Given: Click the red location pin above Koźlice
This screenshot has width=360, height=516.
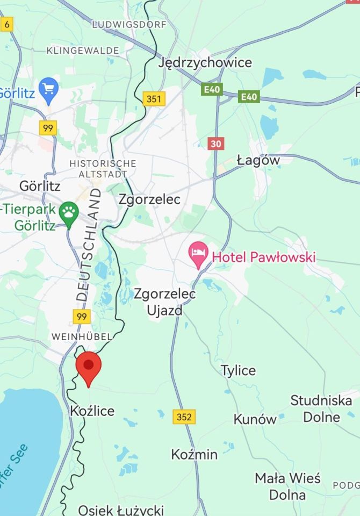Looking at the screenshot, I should click(x=89, y=367).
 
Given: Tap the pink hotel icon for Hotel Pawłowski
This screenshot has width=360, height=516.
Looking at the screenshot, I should click(x=199, y=254).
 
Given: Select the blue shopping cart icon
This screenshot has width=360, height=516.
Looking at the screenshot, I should click(x=49, y=89).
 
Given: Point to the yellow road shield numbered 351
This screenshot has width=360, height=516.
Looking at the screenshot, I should click(x=154, y=99).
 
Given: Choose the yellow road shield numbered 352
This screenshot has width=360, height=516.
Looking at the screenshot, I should click(x=184, y=416).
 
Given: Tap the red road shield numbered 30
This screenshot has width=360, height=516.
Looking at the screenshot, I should click(x=215, y=144).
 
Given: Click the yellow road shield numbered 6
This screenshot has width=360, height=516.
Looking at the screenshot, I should click(x=6, y=24).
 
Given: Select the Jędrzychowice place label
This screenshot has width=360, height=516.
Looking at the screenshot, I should click(x=205, y=63).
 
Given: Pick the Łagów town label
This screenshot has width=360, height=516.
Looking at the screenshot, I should click(x=258, y=160).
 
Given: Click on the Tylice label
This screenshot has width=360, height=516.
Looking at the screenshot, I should click(x=238, y=370).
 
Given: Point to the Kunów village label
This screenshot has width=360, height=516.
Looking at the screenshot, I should click(x=255, y=419).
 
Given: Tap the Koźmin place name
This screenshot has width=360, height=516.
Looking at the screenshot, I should click(x=194, y=454).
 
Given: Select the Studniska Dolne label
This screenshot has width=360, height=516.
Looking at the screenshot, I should click(x=321, y=408).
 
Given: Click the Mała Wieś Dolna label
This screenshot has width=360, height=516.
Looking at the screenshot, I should click(x=287, y=486).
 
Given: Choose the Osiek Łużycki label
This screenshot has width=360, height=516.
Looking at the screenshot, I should click(x=121, y=510).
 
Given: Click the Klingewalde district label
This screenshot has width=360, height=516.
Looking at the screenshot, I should click(x=83, y=51).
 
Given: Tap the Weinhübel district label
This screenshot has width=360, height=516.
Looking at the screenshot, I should click(x=81, y=336).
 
